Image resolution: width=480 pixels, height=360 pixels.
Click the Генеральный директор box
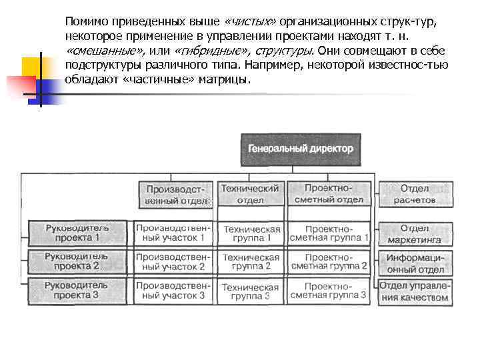pyautogui.click(x=301, y=149)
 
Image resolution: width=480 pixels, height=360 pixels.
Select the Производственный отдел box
pyautogui.click(x=177, y=194)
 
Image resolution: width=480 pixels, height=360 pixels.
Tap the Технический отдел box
pyautogui.click(x=250, y=194)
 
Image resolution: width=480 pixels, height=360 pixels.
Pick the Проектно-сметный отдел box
pyautogui.click(x=329, y=194)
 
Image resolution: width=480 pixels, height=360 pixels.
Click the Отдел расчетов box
pyautogui.click(x=415, y=194)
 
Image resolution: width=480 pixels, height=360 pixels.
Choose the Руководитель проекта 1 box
pyautogui.click(x=77, y=233)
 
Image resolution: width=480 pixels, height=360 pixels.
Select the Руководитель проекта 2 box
pyautogui.click(x=77, y=261)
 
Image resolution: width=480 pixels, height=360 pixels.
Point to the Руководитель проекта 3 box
pyautogui.click(x=77, y=290)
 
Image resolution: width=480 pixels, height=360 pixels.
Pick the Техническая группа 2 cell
pyautogui.click(x=250, y=261)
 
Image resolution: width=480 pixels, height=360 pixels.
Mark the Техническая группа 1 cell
pyautogui.click(x=250, y=233)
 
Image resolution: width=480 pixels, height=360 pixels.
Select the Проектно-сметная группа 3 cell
pyautogui.click(x=329, y=290)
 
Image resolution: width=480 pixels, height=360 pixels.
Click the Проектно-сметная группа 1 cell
pyautogui.click(x=329, y=233)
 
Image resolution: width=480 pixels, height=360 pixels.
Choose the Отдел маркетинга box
pyautogui.click(x=415, y=233)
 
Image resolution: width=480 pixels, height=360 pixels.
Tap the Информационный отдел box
pyautogui.click(x=415, y=262)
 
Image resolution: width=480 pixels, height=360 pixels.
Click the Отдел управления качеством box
pyautogui.click(x=415, y=291)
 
